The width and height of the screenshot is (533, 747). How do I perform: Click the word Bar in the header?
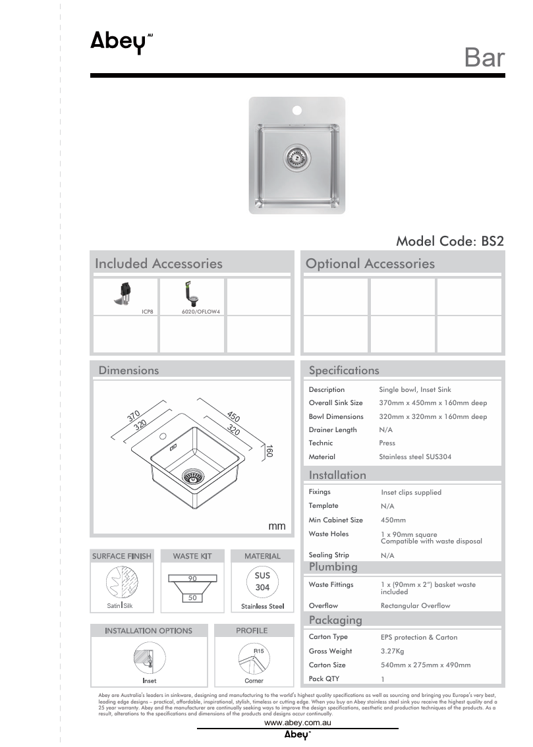coord(484,58)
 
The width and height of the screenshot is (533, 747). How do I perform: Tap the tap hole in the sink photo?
coord(296,109)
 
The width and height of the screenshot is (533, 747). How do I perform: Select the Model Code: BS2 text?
coord(449,241)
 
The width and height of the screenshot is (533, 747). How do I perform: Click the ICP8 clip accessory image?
coord(125,294)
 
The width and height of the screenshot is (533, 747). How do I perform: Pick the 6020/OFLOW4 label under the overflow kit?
coord(201,310)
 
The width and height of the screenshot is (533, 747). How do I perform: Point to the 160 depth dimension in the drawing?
coord(269,451)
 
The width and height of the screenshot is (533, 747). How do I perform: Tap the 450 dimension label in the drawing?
coord(233,416)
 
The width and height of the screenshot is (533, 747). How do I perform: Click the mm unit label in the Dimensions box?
coord(277,526)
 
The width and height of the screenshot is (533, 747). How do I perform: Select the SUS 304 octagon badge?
coord(262,581)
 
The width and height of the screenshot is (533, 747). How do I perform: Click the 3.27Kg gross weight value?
coord(393,651)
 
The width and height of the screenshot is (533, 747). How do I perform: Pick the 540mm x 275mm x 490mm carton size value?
coord(426,665)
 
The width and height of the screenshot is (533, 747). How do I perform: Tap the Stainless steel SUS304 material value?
coord(415,456)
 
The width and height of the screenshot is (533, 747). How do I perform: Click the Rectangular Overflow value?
coord(415,606)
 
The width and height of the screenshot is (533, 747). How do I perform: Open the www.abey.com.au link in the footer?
coord(297,723)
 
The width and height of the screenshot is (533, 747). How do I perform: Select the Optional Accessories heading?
coord(370,263)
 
